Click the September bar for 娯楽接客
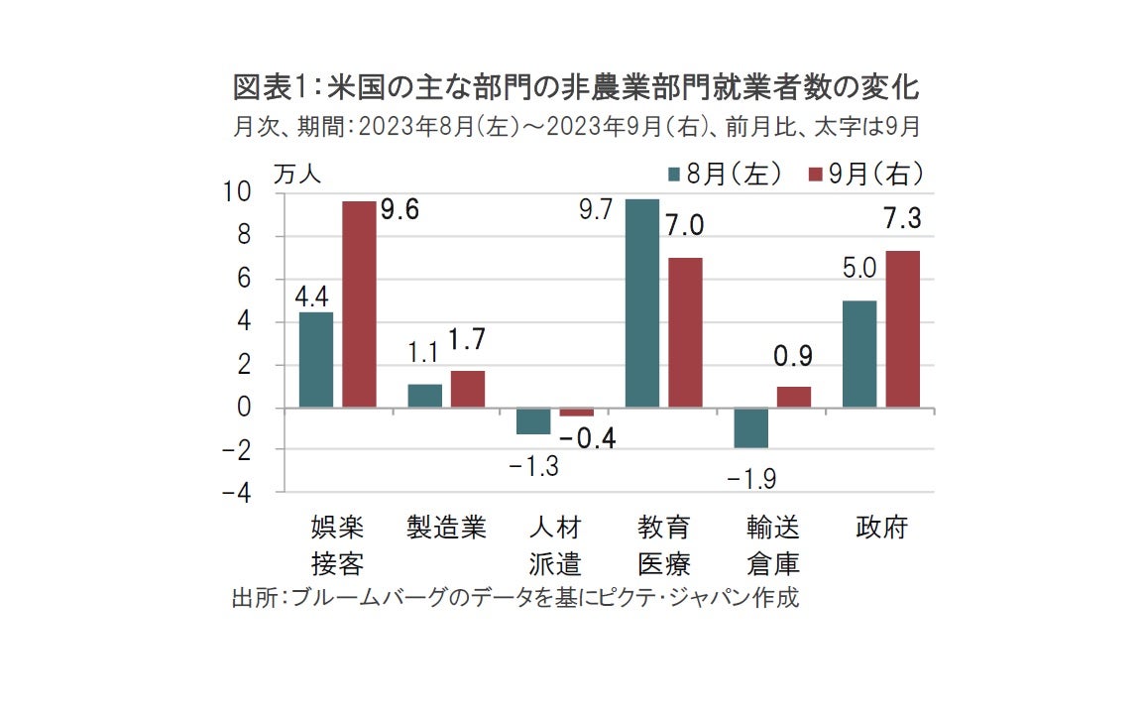[359, 304]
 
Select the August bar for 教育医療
[642, 303]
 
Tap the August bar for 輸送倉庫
[751, 427]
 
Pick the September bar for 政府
[903, 329]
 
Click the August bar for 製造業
[425, 396]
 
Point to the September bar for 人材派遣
[577, 412]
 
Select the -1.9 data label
[750, 480]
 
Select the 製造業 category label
[447, 528]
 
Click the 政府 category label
[881, 528]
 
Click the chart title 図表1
[576, 89]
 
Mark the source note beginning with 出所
[514, 599]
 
